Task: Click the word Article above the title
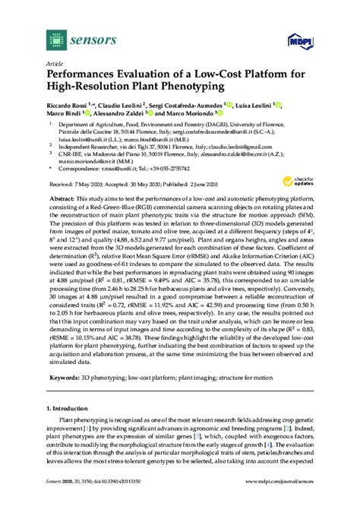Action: coord(54,65)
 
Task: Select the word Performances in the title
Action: coord(85,77)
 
